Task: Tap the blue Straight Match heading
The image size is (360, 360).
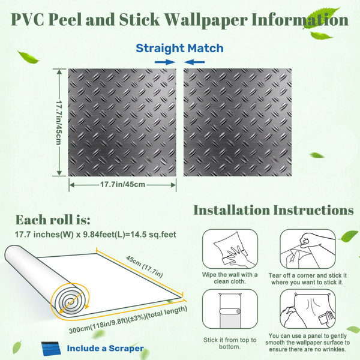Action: (x=179, y=49)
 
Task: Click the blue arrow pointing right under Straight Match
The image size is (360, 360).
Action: (x=165, y=62)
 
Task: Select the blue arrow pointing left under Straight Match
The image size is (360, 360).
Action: (x=194, y=62)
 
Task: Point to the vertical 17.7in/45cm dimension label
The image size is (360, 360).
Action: (x=59, y=122)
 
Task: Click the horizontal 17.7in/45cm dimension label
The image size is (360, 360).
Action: (x=122, y=184)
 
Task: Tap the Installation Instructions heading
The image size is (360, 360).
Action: (x=274, y=210)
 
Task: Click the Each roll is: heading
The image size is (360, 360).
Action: (x=53, y=220)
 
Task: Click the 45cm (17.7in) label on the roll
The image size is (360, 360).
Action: (x=145, y=266)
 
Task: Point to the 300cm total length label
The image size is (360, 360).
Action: (x=128, y=320)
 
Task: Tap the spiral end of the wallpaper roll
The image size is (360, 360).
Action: (x=70, y=301)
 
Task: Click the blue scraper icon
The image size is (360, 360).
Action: (x=51, y=349)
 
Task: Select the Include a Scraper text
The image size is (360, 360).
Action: (x=105, y=348)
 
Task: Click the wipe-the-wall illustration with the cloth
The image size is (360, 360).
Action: (x=230, y=249)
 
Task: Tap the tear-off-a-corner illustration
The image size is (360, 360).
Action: (x=307, y=249)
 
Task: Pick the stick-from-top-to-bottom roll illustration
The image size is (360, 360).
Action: (x=230, y=309)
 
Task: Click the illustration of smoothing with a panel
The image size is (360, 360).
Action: (x=307, y=309)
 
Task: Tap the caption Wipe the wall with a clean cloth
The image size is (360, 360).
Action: (x=230, y=278)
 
